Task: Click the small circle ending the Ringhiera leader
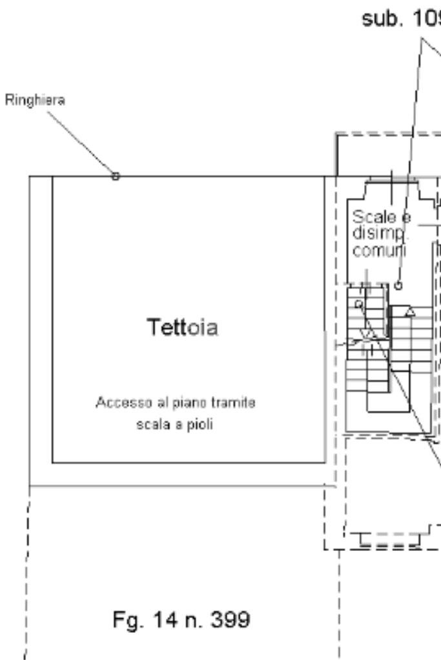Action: (116, 176)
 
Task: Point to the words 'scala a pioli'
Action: (176, 426)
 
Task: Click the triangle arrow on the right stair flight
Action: (409, 313)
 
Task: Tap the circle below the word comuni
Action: (398, 285)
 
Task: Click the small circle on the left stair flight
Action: (359, 304)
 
